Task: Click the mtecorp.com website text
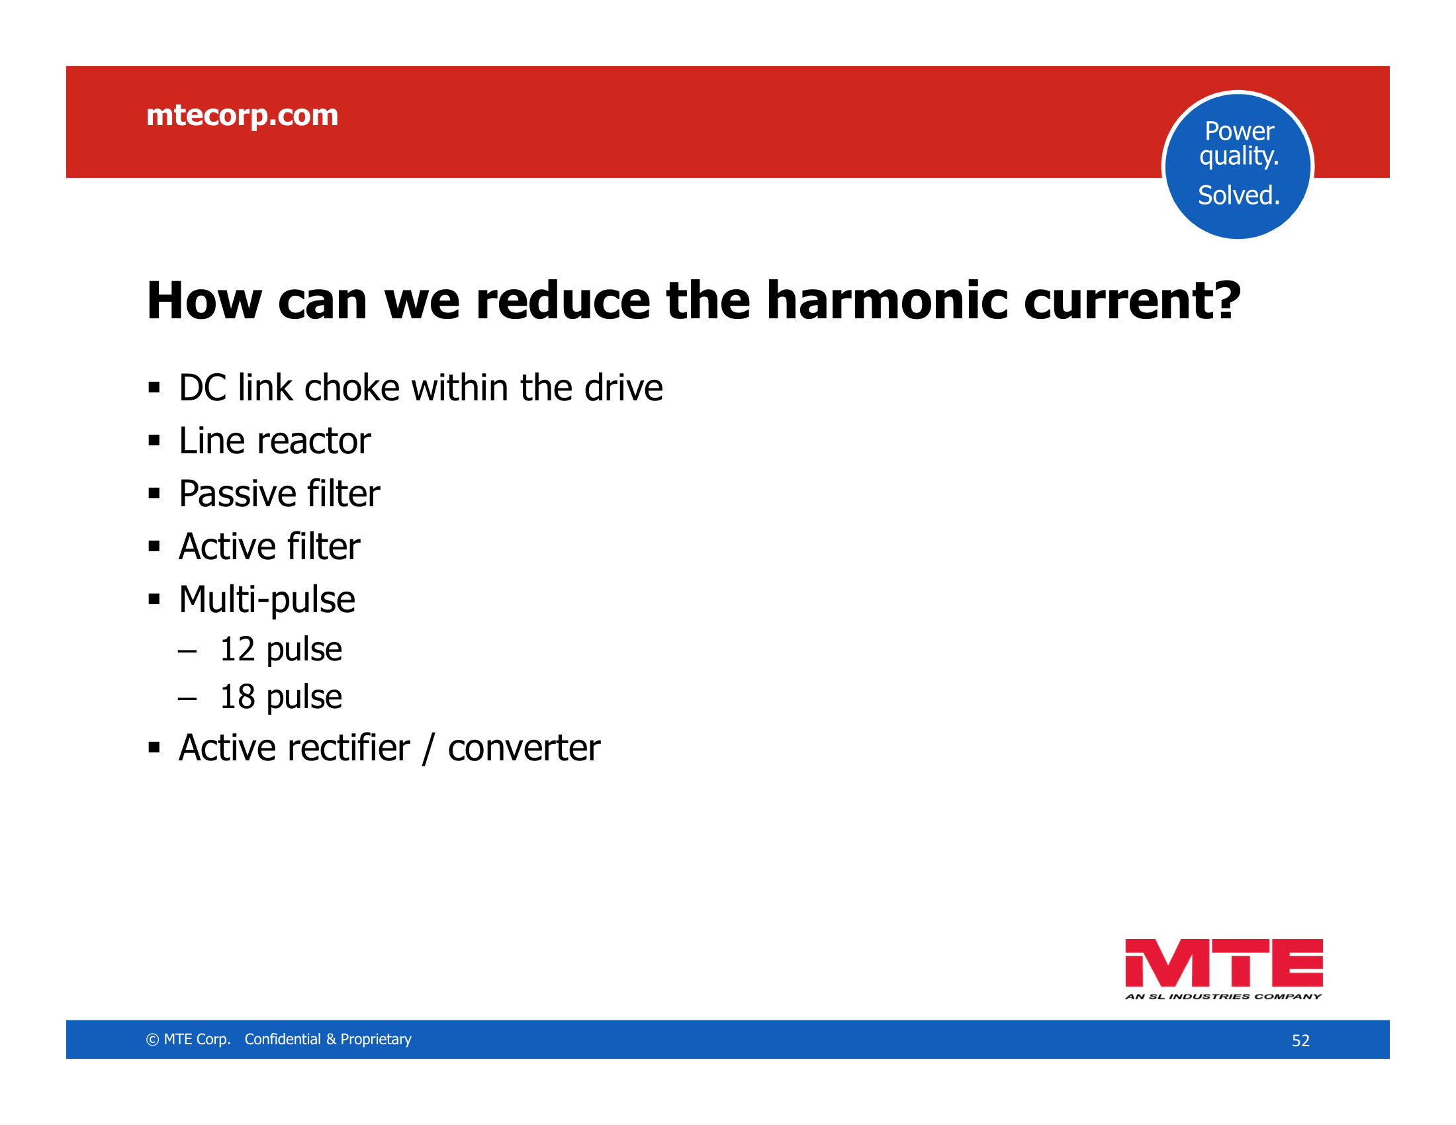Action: click(242, 115)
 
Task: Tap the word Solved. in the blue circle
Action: click(1239, 195)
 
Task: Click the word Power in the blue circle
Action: click(1240, 131)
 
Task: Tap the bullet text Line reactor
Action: click(275, 441)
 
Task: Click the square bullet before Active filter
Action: click(155, 547)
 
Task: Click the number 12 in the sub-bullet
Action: click(238, 649)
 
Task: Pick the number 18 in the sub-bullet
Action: click(238, 697)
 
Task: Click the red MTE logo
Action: click(1224, 963)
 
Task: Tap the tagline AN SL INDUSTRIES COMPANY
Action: click(1223, 997)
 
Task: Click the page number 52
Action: click(1300, 1041)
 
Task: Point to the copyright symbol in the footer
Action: click(153, 1040)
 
